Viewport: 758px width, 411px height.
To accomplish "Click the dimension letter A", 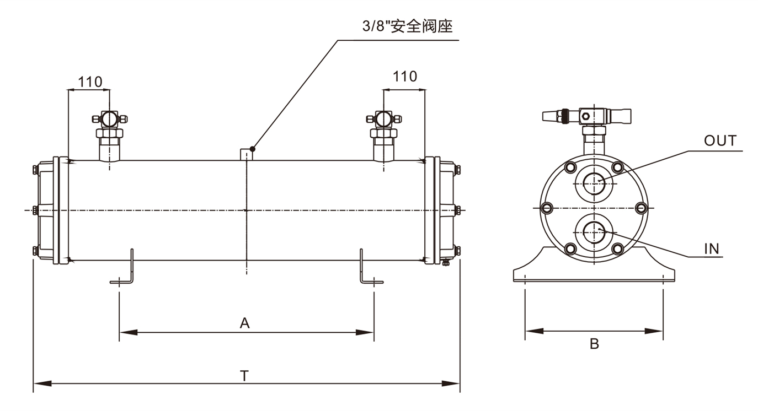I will [244, 323].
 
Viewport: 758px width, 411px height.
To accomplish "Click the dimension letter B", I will [594, 344].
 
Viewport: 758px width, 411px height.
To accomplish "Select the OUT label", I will [720, 141].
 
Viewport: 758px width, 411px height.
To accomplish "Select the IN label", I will [712, 248].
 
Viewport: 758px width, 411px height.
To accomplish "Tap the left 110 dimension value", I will [89, 82].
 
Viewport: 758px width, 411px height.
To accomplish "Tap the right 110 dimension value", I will [405, 77].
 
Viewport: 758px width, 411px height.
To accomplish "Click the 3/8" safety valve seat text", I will [405, 26].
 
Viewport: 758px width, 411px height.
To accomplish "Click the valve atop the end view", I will [588, 116].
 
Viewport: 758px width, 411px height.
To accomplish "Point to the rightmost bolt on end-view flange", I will [640, 208].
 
